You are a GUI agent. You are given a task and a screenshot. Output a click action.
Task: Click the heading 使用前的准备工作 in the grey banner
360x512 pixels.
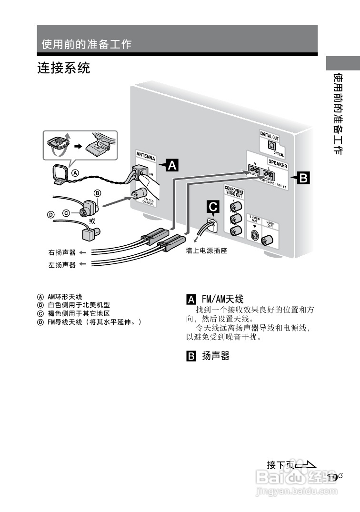tap(86, 45)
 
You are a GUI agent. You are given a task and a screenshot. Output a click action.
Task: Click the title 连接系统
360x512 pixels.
tap(64, 68)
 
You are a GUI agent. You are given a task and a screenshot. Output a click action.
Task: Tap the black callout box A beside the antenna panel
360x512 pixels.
tap(171, 165)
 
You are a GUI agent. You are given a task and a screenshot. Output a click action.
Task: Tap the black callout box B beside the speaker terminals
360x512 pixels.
tap(303, 179)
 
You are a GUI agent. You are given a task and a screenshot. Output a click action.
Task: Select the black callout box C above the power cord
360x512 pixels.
tap(212, 207)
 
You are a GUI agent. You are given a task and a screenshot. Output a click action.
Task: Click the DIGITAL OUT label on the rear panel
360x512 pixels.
tap(269, 135)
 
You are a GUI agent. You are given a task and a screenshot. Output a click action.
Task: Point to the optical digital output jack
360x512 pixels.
tap(273, 145)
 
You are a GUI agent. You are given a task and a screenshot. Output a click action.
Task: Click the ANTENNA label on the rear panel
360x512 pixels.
tap(146, 155)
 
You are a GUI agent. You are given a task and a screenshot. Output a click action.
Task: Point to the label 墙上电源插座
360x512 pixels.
tap(206, 251)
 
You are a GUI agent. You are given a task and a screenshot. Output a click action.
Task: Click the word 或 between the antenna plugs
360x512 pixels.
tap(92, 221)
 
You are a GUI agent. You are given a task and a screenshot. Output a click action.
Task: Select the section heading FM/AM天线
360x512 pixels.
tap(222, 299)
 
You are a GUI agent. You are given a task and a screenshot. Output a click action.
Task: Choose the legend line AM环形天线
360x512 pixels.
tap(64, 296)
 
